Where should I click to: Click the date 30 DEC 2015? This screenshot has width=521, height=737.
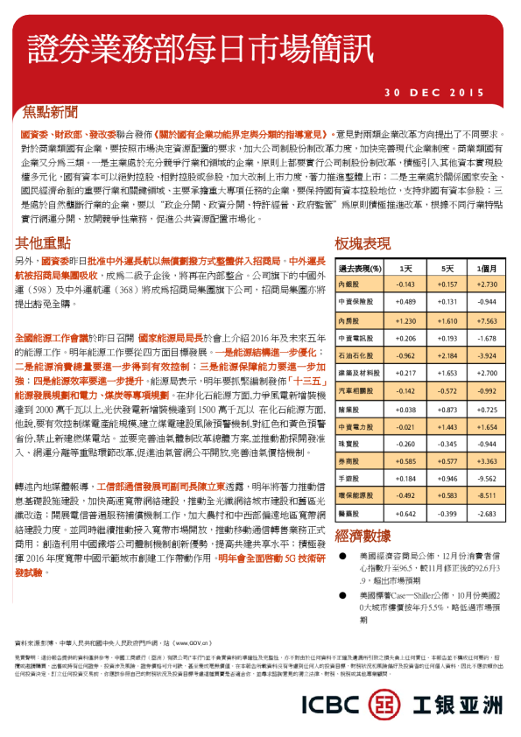click(x=434, y=92)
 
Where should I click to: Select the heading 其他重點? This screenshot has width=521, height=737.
click(x=44, y=242)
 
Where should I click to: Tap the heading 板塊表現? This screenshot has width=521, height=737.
click(x=363, y=242)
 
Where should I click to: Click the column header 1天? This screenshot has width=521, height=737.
click(x=405, y=268)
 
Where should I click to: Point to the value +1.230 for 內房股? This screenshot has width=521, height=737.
click(x=405, y=321)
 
